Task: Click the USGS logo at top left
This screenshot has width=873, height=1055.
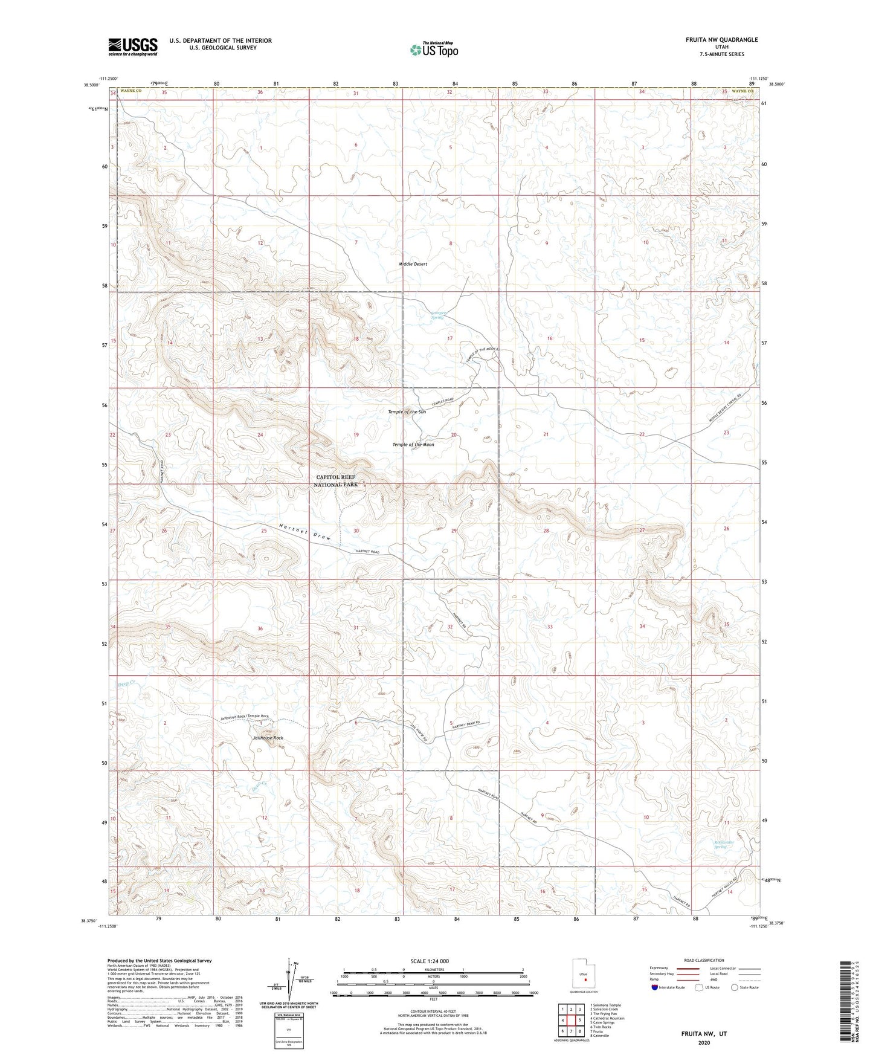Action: tap(133, 47)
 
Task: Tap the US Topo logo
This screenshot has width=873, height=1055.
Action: tap(433, 50)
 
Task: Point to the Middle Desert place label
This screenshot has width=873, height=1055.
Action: tap(413, 264)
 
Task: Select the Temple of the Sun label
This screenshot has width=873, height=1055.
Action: tap(407, 411)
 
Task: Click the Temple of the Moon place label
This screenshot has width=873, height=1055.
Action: tap(413, 445)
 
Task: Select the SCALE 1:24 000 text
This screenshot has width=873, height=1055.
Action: tap(433, 961)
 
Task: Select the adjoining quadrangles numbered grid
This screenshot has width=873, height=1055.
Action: tap(571, 1021)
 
